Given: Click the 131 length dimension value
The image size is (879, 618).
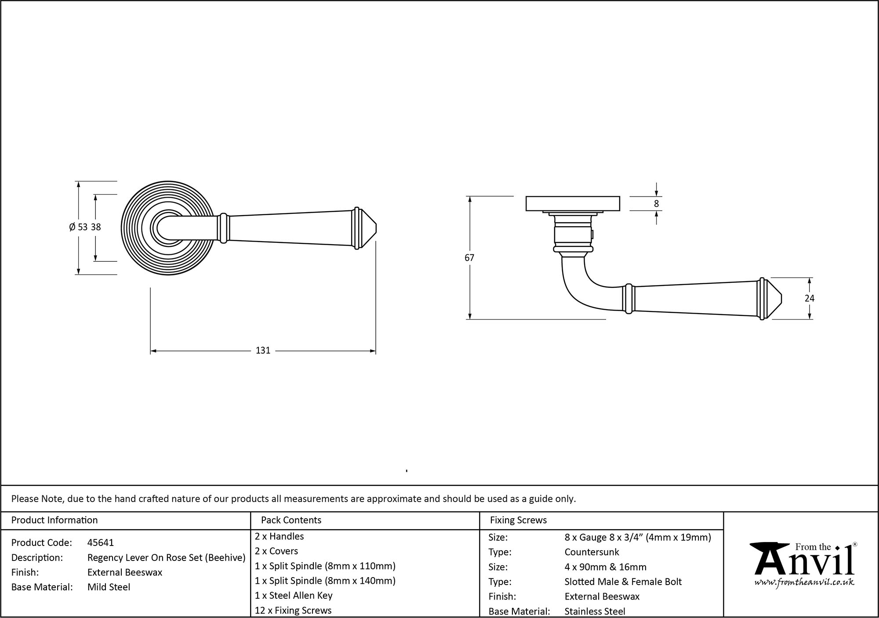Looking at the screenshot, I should [263, 351].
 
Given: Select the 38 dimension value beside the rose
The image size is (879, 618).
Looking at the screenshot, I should [96, 227].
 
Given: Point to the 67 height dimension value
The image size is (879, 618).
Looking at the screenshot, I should [469, 258].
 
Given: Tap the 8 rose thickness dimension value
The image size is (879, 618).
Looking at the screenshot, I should [656, 204].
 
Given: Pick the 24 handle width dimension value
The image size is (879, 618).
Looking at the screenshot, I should [809, 298].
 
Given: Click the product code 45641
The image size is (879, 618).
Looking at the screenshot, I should [101, 542].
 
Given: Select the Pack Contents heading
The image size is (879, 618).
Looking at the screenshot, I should [291, 520].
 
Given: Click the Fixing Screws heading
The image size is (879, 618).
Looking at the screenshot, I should [518, 520].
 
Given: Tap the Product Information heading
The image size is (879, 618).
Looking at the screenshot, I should [54, 520].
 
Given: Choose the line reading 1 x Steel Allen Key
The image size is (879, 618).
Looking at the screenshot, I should [294, 595].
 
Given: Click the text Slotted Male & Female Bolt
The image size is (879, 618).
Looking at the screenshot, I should [623, 582].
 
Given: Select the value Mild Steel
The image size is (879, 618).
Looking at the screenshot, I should [109, 587].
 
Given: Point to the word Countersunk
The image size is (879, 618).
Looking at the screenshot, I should [592, 552].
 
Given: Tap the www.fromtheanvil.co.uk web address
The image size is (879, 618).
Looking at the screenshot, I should [804, 583].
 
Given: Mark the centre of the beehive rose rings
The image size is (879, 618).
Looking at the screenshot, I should [167, 228].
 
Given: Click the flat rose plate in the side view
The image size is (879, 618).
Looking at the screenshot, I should [573, 203].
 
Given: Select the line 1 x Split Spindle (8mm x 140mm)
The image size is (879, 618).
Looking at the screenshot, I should [325, 581].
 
